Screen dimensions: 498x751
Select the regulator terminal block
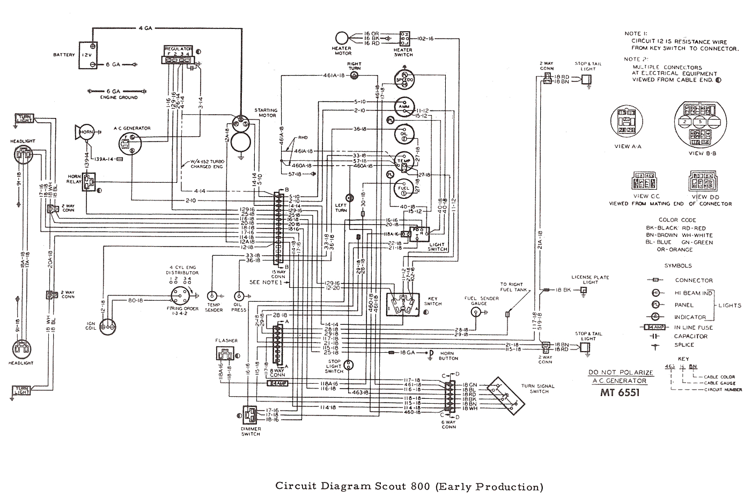pos(177,56)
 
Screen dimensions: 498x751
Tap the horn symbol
pos(85,132)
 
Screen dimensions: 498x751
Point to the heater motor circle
pos(342,38)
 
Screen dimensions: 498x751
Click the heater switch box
pos(404,38)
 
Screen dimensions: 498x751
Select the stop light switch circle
pos(349,366)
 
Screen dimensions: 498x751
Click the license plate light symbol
pos(584,289)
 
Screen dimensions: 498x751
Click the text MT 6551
pos(620,392)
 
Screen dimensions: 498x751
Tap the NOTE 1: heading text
pos(636,34)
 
